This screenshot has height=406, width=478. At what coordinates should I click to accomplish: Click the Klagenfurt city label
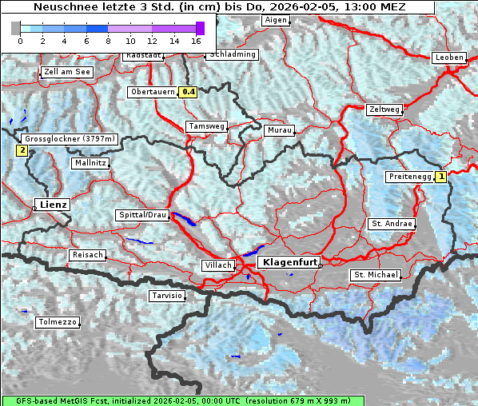[291, 261]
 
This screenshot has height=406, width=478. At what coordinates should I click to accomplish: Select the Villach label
[217, 265]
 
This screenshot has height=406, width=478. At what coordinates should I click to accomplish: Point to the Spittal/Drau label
[142, 215]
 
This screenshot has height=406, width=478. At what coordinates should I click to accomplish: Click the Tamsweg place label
[206, 126]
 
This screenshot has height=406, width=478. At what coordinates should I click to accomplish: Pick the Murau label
[280, 129]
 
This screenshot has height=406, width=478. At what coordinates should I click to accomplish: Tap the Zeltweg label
[384, 109]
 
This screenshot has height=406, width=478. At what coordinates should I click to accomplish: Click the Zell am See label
[67, 72]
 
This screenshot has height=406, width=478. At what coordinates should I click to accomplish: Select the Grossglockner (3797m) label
[70, 139]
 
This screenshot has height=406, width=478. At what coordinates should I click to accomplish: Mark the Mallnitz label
[90, 163]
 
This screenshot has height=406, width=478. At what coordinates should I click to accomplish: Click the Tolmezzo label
[57, 322]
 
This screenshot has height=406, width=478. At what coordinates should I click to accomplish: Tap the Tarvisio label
[167, 296]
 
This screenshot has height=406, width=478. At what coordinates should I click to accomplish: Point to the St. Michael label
[376, 275]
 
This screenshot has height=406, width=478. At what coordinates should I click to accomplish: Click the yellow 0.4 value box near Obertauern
[188, 92]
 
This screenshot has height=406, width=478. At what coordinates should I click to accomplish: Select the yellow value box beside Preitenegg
[440, 177]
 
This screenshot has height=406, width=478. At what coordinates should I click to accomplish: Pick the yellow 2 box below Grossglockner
[22, 149]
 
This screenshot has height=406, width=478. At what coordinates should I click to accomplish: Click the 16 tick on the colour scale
[197, 40]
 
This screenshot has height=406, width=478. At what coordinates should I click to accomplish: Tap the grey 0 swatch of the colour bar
[16, 28]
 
